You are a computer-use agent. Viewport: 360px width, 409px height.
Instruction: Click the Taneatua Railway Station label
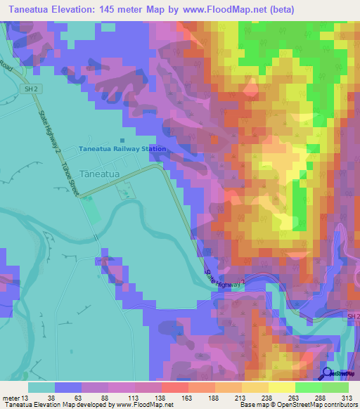click(122, 149)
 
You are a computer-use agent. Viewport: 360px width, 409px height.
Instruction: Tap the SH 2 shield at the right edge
click(353, 317)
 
